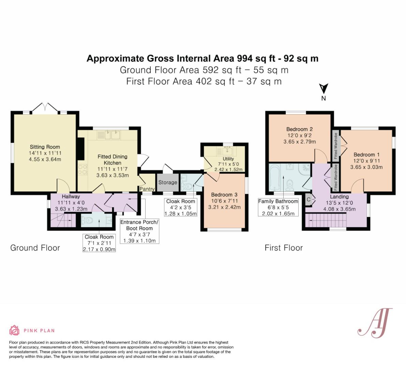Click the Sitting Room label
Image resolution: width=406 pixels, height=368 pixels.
pos(45,147)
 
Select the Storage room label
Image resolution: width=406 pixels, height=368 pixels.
pos(168,182)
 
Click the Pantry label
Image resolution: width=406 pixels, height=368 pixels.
pos(147,189)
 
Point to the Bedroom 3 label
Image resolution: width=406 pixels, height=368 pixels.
pos(224,195)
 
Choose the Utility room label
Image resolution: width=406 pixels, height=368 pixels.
pos(228,159)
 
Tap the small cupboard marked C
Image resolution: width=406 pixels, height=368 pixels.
pos(309,200)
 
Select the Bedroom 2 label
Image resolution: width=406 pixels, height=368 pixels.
pos(299,129)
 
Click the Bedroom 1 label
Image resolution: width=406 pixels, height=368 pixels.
pos(366,154)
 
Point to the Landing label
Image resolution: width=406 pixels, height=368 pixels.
pos(339,197)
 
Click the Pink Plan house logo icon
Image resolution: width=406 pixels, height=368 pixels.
pos(15,330)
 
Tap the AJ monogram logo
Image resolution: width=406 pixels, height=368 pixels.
pos(375,323)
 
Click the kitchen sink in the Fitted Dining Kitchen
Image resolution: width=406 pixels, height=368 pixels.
pos(112,135)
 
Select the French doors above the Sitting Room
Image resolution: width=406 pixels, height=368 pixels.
pos(45,107)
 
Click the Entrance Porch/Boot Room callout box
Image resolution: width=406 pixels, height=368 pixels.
pos(139,231)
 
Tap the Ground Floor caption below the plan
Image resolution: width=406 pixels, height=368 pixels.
pos(35,248)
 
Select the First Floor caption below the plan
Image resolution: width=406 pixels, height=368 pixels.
pos(284,248)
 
